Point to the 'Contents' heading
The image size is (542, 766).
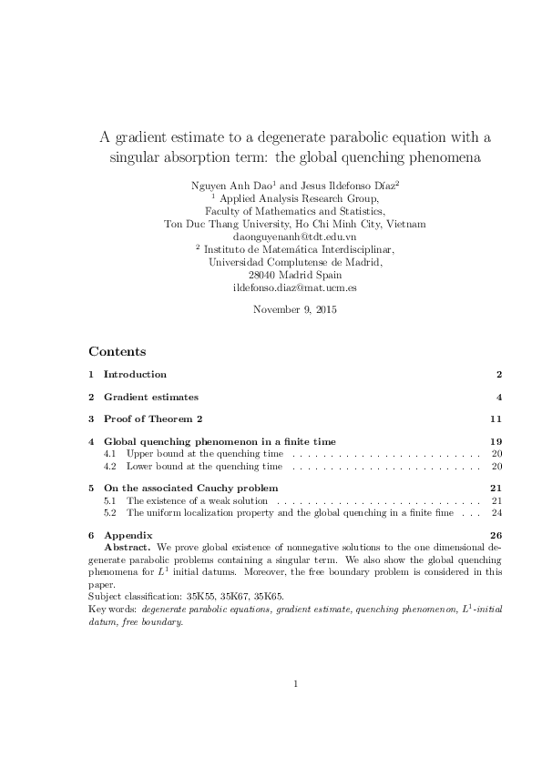(117, 351)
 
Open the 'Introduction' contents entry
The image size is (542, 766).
(135, 374)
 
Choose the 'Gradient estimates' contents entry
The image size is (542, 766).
(150, 397)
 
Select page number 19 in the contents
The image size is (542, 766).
(496, 442)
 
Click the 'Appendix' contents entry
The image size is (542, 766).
(128, 535)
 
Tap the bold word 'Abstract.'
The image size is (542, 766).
(128, 549)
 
